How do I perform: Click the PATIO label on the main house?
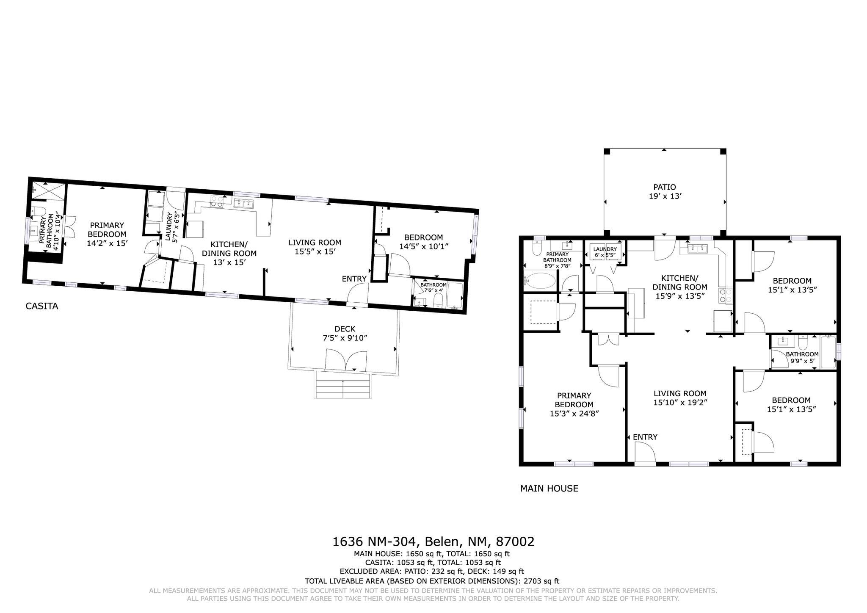click(x=664, y=187)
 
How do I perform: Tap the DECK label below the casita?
click(x=345, y=329)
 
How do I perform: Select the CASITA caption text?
click(x=41, y=306)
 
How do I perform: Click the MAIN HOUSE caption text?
click(x=549, y=488)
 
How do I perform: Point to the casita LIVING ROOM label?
click(x=315, y=243)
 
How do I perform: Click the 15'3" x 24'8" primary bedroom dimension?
click(x=574, y=413)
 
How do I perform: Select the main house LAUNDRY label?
click(x=605, y=249)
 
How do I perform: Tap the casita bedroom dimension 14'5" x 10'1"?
click(x=423, y=246)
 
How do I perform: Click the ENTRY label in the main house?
click(x=645, y=437)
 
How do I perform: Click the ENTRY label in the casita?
click(x=354, y=279)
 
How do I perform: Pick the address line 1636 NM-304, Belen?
click(x=433, y=541)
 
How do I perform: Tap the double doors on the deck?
click(x=346, y=360)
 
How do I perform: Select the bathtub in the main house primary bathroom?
click(x=540, y=280)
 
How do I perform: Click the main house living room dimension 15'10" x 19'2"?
click(x=680, y=402)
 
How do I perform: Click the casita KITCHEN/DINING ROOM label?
click(x=229, y=249)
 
